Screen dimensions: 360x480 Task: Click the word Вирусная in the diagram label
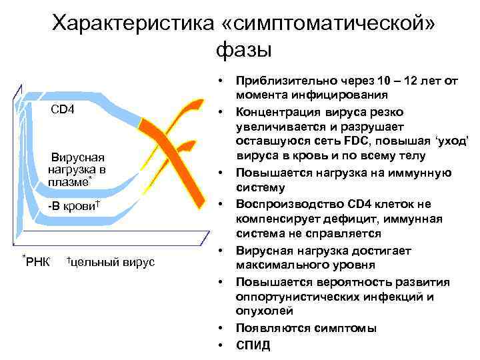point(79,157)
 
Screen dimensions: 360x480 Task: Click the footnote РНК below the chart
point(37,262)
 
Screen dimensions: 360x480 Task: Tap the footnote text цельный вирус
point(112,262)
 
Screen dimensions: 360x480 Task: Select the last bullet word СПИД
point(253,345)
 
